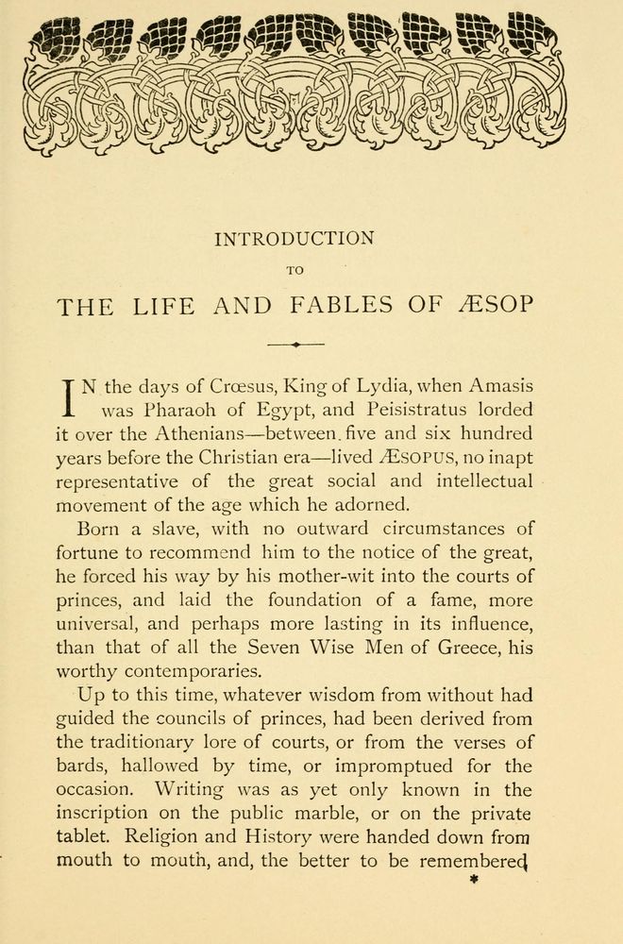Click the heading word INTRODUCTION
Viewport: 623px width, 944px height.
coord(295,239)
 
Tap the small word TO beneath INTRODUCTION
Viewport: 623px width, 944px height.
coord(295,271)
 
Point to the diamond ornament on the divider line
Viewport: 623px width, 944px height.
coord(295,345)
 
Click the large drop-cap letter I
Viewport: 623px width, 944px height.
coord(68,397)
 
